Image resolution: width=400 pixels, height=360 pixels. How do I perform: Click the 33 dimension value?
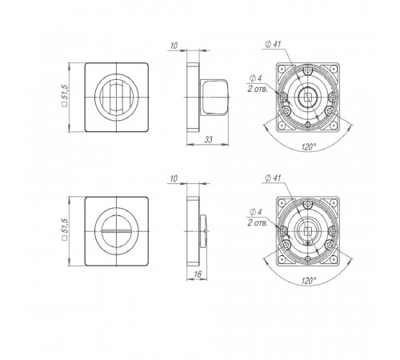coord(209,139)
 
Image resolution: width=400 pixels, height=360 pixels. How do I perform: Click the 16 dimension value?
coord(198,274)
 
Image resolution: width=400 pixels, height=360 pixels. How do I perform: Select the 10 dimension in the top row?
coord(174,46)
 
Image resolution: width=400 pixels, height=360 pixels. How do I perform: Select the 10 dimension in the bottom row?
coord(174,179)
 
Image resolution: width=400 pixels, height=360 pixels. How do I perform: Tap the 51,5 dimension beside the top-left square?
coord(64,95)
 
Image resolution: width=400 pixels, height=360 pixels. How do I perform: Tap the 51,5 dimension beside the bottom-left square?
coord(64,230)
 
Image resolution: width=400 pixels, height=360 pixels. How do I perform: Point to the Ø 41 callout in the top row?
coord(273,45)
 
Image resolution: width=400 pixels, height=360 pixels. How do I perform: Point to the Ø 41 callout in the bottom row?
coord(273,178)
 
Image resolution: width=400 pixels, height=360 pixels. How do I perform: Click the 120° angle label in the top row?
coord(309,146)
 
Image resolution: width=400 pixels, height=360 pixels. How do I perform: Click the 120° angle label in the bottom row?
coord(309,281)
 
